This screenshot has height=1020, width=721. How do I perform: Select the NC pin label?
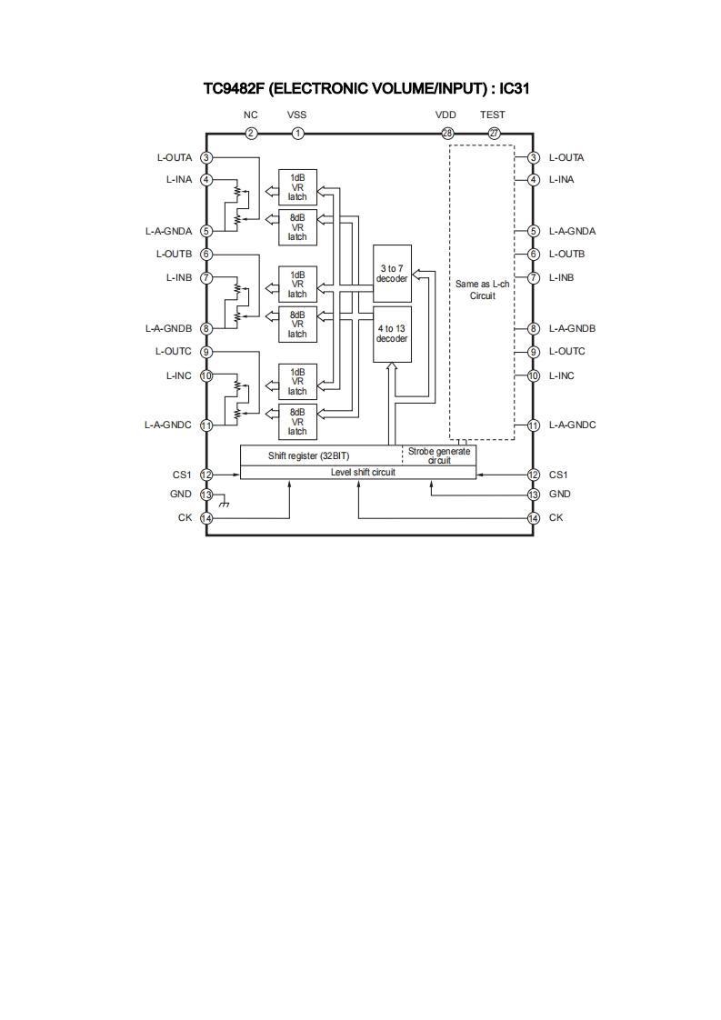pyautogui.click(x=251, y=115)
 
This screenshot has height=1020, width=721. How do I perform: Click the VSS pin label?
pyautogui.click(x=297, y=115)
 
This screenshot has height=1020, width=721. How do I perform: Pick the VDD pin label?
pyautogui.click(x=446, y=115)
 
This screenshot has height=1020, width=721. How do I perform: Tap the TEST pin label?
pyautogui.click(x=493, y=115)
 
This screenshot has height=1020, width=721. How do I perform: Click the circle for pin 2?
pyautogui.click(x=251, y=134)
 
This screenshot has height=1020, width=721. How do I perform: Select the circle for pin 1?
pyautogui.click(x=298, y=134)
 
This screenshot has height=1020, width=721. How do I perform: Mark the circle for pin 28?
pyautogui.click(x=447, y=134)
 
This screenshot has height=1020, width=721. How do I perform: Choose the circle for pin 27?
pyautogui.click(x=494, y=134)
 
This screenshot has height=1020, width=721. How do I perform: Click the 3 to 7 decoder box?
pyautogui.click(x=393, y=274)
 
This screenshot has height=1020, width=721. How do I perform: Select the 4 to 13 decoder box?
pyautogui.click(x=393, y=334)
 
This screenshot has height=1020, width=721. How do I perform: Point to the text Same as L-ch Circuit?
pyautogui.click(x=482, y=290)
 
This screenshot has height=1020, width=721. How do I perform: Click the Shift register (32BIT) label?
pyautogui.click(x=308, y=455)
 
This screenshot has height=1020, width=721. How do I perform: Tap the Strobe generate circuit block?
pyautogui.click(x=439, y=455)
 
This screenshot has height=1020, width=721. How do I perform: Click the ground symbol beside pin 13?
pyautogui.click(x=224, y=503)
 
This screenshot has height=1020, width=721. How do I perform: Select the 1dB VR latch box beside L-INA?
pyautogui.click(x=297, y=186)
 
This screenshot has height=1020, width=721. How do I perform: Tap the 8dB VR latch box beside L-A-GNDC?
pyautogui.click(x=297, y=421)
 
